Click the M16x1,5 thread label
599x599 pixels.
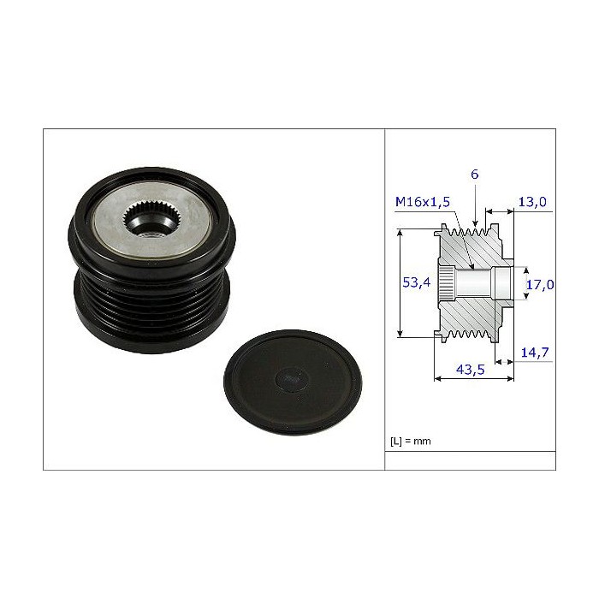click(423, 203)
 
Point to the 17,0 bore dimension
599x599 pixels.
click(539, 283)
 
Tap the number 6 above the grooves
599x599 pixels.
click(475, 174)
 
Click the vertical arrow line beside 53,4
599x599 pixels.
click(400, 283)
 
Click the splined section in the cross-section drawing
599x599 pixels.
click(448, 282)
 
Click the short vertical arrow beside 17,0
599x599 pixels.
click(519, 283)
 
